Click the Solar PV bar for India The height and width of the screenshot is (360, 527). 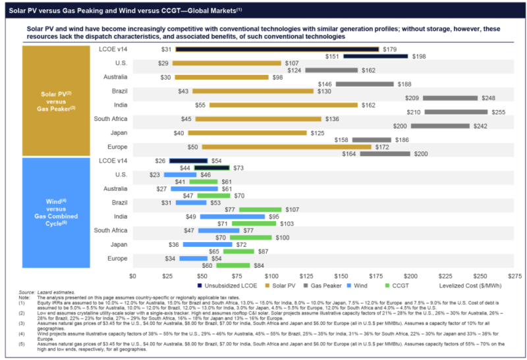(283, 105)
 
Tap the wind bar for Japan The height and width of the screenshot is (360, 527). (208, 244)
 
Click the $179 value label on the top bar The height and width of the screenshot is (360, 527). (390, 49)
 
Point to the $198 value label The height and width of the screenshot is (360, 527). (419, 57)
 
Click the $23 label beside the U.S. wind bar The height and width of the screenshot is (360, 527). (154, 174)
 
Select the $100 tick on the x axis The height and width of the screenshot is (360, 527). (271, 276)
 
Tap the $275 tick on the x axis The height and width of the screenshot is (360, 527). (514, 276)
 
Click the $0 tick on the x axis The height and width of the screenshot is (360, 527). (132, 276)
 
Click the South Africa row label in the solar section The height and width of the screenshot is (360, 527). (110, 118)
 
